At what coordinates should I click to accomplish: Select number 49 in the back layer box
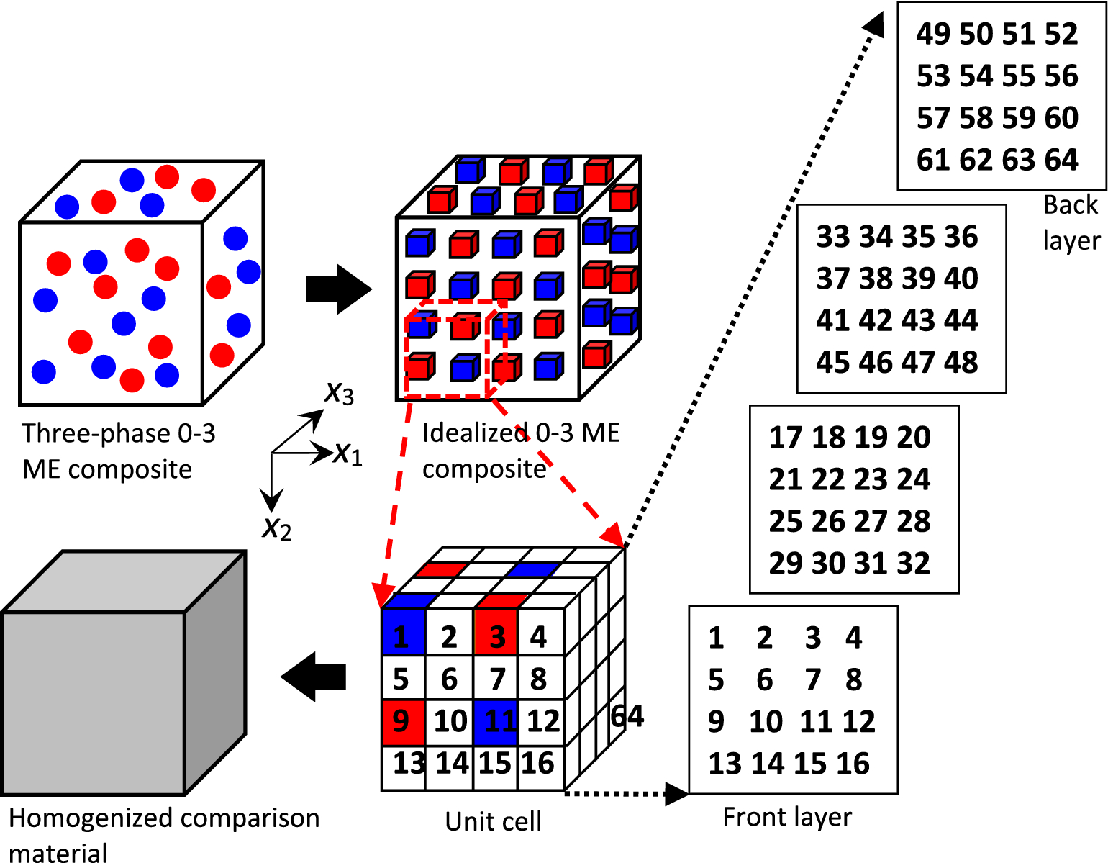point(933,35)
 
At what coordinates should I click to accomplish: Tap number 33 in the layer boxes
point(833,237)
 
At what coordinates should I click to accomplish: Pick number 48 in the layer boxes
point(961,362)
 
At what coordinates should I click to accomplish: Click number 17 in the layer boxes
point(786,438)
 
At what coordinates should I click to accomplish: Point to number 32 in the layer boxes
point(914,563)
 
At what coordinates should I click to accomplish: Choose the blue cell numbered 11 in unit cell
point(496,721)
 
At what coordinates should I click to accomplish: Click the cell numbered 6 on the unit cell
point(449,679)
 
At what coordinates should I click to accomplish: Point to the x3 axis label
point(339,393)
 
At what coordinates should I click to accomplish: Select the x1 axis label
point(348,453)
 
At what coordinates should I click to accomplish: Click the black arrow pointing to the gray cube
point(314,677)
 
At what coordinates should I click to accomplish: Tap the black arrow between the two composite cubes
point(338,289)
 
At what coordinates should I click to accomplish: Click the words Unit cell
point(494,821)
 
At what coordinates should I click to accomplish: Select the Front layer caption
point(787,817)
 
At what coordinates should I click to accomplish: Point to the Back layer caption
point(1071,222)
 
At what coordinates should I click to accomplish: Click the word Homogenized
point(90,818)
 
